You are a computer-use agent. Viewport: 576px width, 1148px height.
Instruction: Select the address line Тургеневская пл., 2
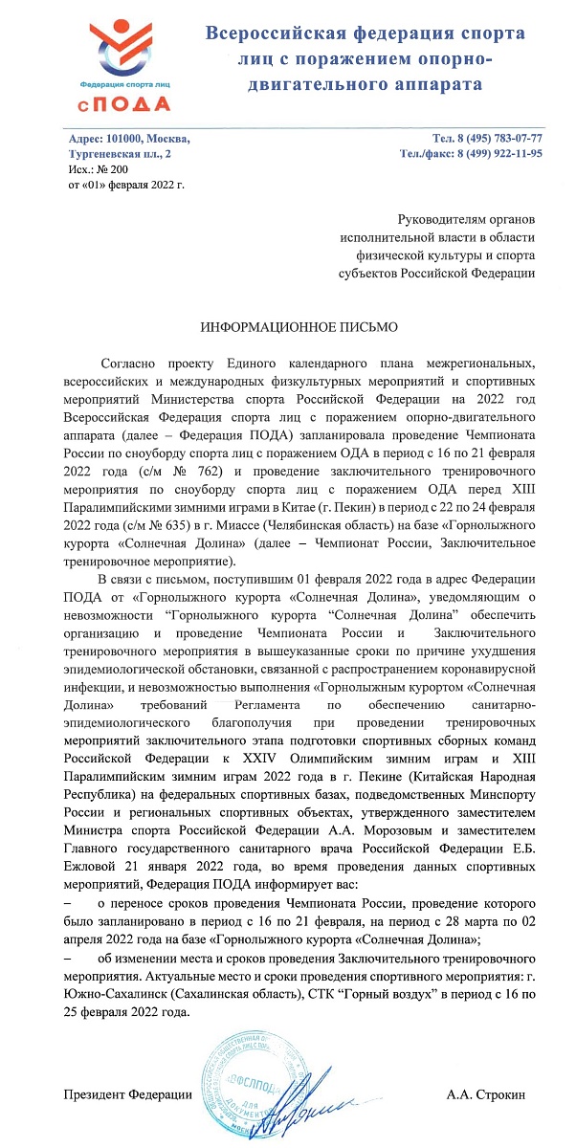(x=122, y=153)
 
